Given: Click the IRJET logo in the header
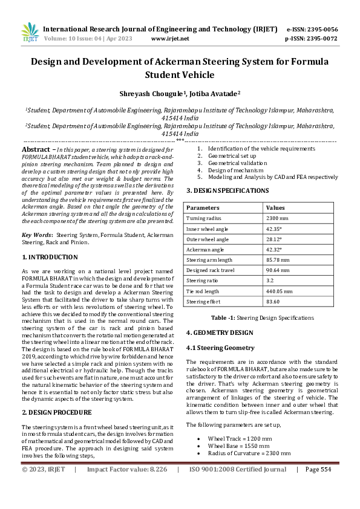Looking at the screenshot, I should click(29, 32).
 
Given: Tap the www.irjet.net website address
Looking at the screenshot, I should click(169, 38).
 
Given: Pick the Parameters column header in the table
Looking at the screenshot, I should click(203, 207).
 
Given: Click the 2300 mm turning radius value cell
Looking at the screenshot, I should click(277, 218).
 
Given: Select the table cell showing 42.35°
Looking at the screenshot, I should click(275, 229).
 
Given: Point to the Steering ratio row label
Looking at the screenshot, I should click(203, 280).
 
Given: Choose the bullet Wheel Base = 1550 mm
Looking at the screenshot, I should click(239, 444).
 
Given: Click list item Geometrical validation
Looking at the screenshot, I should click(237, 163).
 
